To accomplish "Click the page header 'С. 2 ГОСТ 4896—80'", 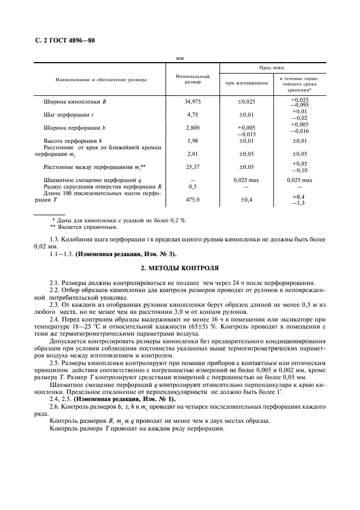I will click(61, 40).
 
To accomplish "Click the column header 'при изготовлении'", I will click(246, 83).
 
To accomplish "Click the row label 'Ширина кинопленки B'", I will click(75, 101).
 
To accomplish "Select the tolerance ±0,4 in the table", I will click(246, 200).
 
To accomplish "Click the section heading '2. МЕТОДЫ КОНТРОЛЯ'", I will click(180, 268).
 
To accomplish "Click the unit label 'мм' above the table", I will click(180, 58).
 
